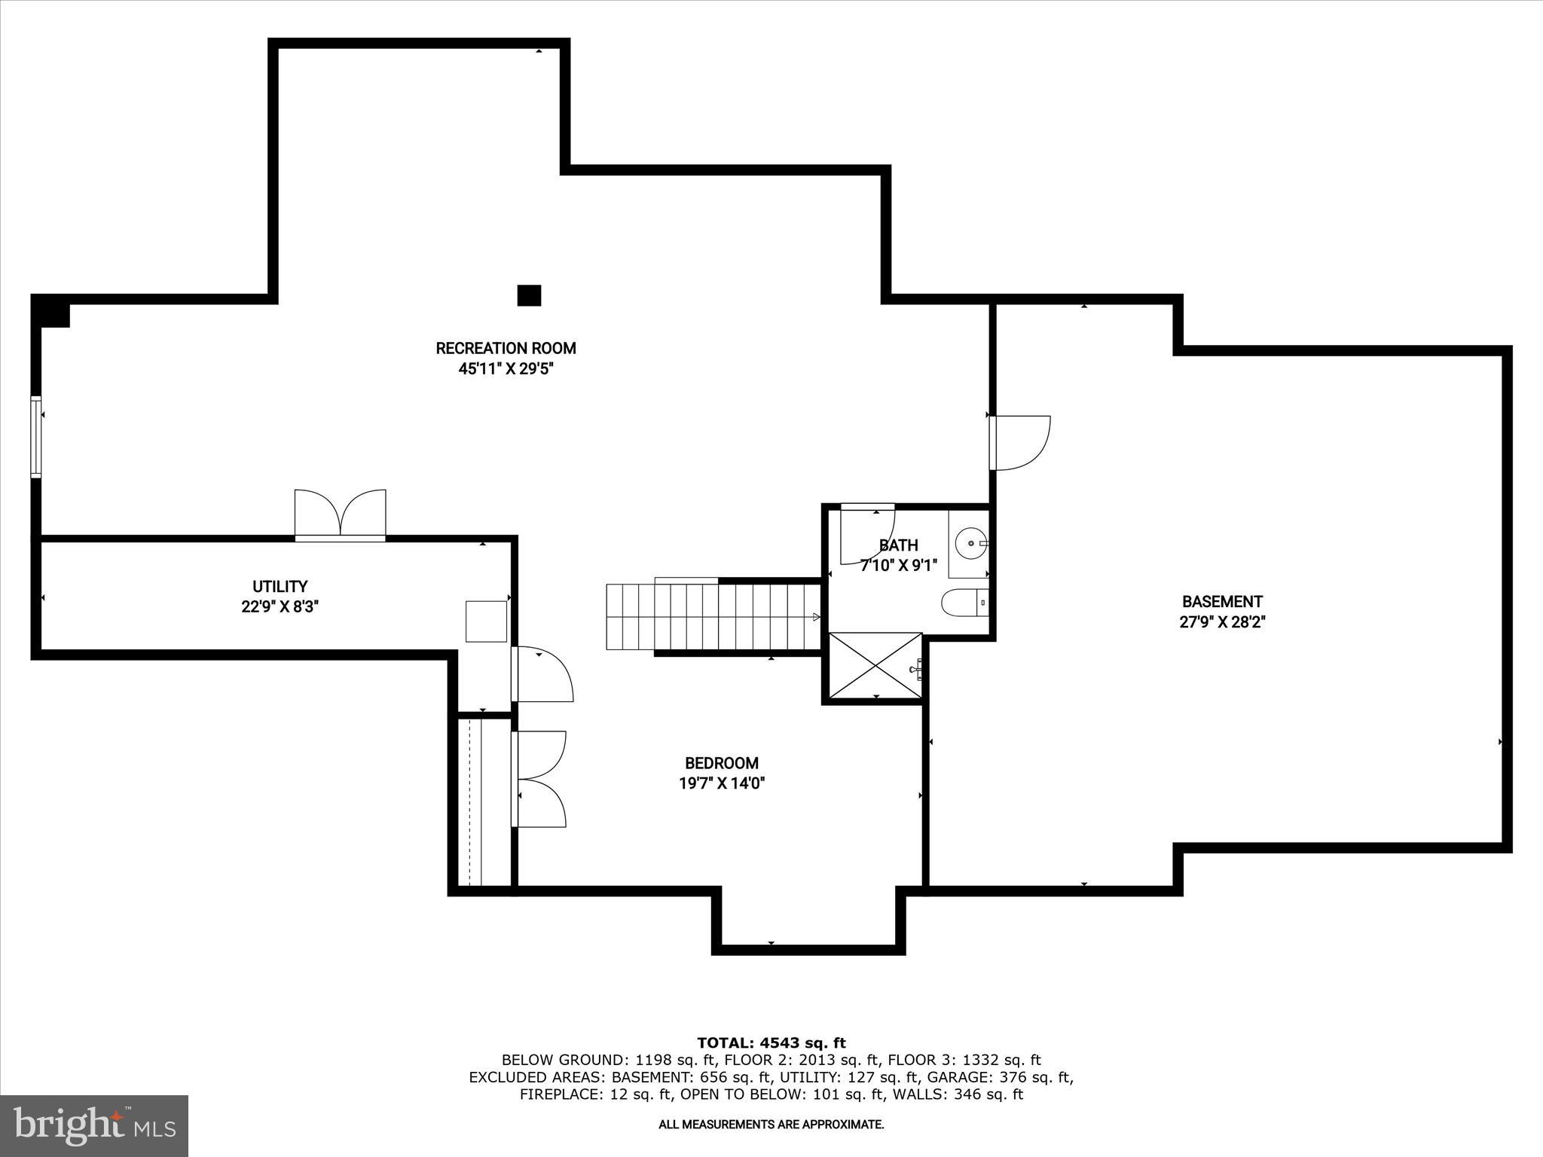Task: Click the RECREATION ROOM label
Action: pos(506,348)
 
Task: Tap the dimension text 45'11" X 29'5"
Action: pos(506,369)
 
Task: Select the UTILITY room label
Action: pos(280,586)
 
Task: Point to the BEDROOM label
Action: pos(721,763)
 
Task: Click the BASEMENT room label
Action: pos(1221,601)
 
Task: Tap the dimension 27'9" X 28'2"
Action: pos(1221,622)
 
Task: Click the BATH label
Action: pos(898,545)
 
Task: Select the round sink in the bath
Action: pos(970,542)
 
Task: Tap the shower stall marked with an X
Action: pos(875,665)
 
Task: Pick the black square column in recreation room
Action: pos(529,295)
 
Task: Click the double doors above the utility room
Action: pos(341,514)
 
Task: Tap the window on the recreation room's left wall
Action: pos(35,436)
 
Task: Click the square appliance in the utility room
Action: pos(486,621)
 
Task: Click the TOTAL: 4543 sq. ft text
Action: pos(771,1043)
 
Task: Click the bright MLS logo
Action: pos(94,1125)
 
